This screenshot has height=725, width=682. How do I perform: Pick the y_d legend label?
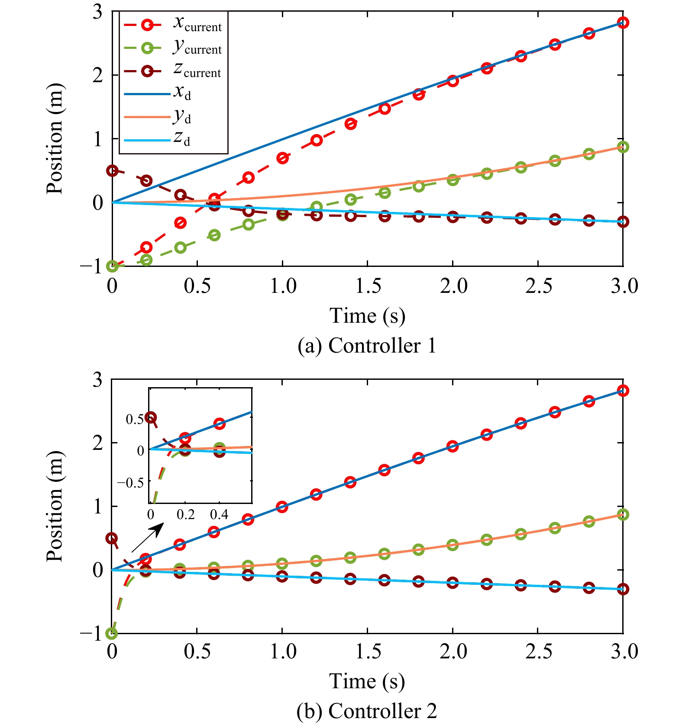coord(182,116)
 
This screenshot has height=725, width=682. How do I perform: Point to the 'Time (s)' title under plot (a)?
coord(367,316)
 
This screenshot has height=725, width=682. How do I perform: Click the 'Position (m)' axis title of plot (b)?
coord(55,506)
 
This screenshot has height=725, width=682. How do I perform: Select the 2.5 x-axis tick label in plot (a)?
coord(539,286)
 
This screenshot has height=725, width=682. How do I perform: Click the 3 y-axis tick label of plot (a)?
coord(98,12)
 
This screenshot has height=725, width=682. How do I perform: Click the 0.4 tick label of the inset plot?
coord(219,515)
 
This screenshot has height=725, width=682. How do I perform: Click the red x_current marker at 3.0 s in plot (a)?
coord(623,22)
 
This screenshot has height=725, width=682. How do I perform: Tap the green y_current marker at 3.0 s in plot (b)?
coord(623,514)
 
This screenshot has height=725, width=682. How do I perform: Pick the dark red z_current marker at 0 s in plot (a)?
coord(112,170)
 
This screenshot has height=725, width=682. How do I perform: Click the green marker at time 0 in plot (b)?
coord(112,633)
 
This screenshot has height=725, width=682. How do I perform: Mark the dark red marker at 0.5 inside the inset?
coord(151,417)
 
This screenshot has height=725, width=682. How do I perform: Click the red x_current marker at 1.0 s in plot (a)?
coord(282,158)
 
